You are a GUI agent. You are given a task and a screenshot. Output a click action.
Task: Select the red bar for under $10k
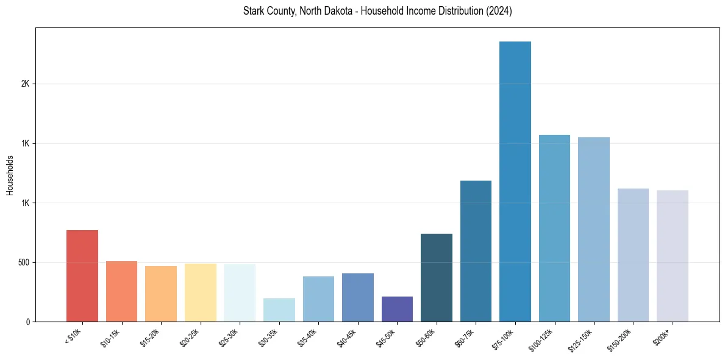pyautogui.click(x=82, y=276)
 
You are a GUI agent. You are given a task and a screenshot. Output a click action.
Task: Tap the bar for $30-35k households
pyautogui.click(x=279, y=310)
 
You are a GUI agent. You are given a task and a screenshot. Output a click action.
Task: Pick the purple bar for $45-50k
pyautogui.click(x=397, y=309)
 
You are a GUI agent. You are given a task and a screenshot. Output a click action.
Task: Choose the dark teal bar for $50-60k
pyautogui.click(x=437, y=278)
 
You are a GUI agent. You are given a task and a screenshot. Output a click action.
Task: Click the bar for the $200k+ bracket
pyautogui.click(x=673, y=256)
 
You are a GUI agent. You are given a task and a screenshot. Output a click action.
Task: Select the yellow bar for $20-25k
pyautogui.click(x=201, y=292)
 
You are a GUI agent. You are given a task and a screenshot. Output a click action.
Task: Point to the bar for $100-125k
pyautogui.click(x=554, y=228)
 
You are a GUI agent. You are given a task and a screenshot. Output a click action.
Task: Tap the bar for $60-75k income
pyautogui.click(x=476, y=251)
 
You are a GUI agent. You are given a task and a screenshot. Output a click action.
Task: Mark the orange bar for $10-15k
pyautogui.click(x=121, y=291)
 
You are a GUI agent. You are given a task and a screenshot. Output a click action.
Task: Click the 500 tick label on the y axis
pyautogui.click(x=23, y=262)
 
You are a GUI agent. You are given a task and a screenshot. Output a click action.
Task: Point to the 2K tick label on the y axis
pyautogui.click(x=25, y=84)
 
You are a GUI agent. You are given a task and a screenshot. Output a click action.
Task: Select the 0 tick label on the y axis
pyautogui.click(x=27, y=322)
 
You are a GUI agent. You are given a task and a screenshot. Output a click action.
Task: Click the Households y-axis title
pyautogui.click(x=10, y=175)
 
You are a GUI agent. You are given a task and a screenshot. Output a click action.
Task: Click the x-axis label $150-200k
pyautogui.click(x=620, y=339)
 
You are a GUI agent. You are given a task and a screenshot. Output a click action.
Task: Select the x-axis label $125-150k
pyautogui.click(x=580, y=339)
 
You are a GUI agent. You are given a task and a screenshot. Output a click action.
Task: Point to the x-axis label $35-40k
pyautogui.click(x=308, y=337)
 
